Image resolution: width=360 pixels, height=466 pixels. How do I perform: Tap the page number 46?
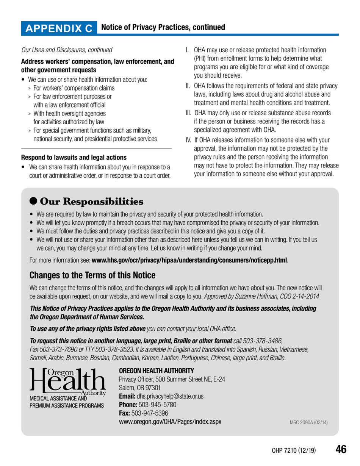(341, 449)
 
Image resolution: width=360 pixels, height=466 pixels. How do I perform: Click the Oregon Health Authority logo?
(67, 385)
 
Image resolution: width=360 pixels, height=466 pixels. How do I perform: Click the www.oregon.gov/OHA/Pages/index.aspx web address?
(170, 421)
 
